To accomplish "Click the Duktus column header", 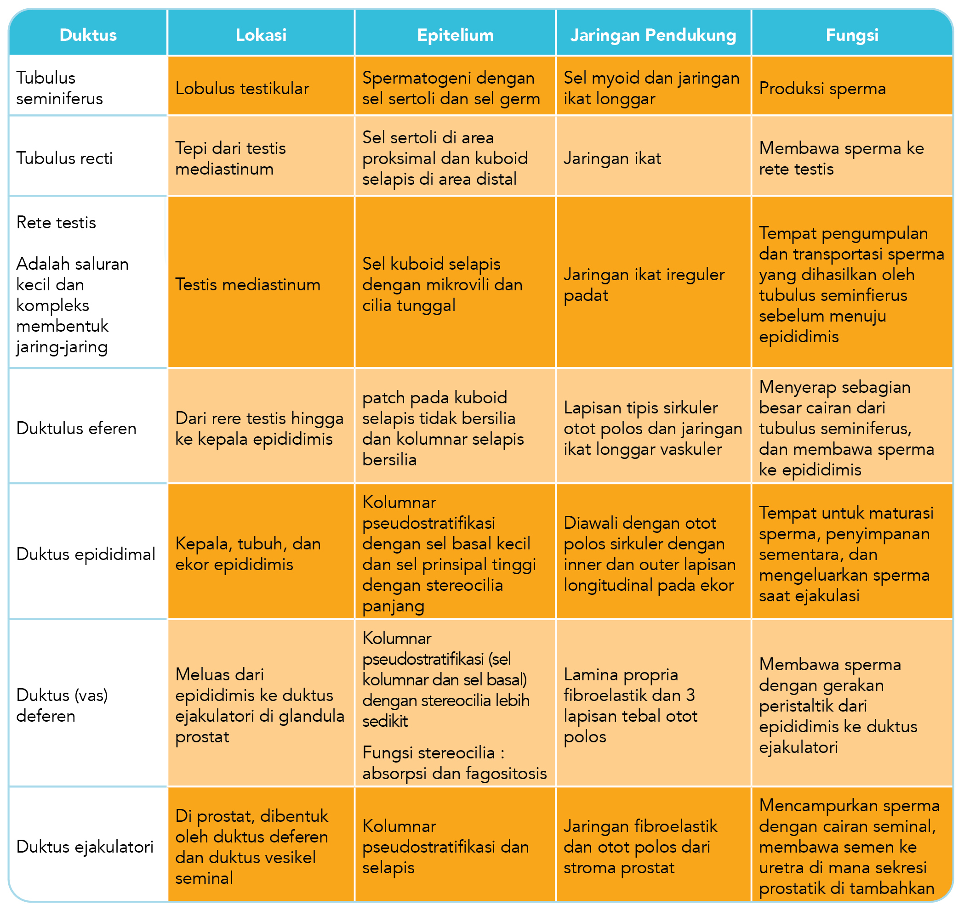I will click(88, 35).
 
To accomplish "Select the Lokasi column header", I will click(261, 35).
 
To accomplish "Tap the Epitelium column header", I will click(455, 35).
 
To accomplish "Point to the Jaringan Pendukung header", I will click(653, 35).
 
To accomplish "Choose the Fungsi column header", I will click(852, 35).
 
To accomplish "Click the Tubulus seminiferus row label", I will click(59, 88).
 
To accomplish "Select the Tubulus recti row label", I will click(64, 158).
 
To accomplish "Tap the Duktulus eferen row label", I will click(76, 428).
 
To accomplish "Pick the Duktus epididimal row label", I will click(86, 554).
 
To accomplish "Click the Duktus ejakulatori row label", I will click(85, 847).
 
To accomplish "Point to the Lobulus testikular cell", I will click(242, 88).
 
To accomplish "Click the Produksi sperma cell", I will click(822, 88).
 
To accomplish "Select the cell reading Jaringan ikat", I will click(612, 158).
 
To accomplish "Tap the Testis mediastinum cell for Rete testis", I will click(248, 284).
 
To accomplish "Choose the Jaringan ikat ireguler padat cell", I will click(644, 285).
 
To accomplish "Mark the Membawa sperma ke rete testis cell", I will click(841, 158).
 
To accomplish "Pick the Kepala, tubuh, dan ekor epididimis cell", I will click(248, 554).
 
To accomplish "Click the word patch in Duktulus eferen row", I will click(383, 398).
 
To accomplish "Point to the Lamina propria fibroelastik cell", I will click(630, 705).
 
